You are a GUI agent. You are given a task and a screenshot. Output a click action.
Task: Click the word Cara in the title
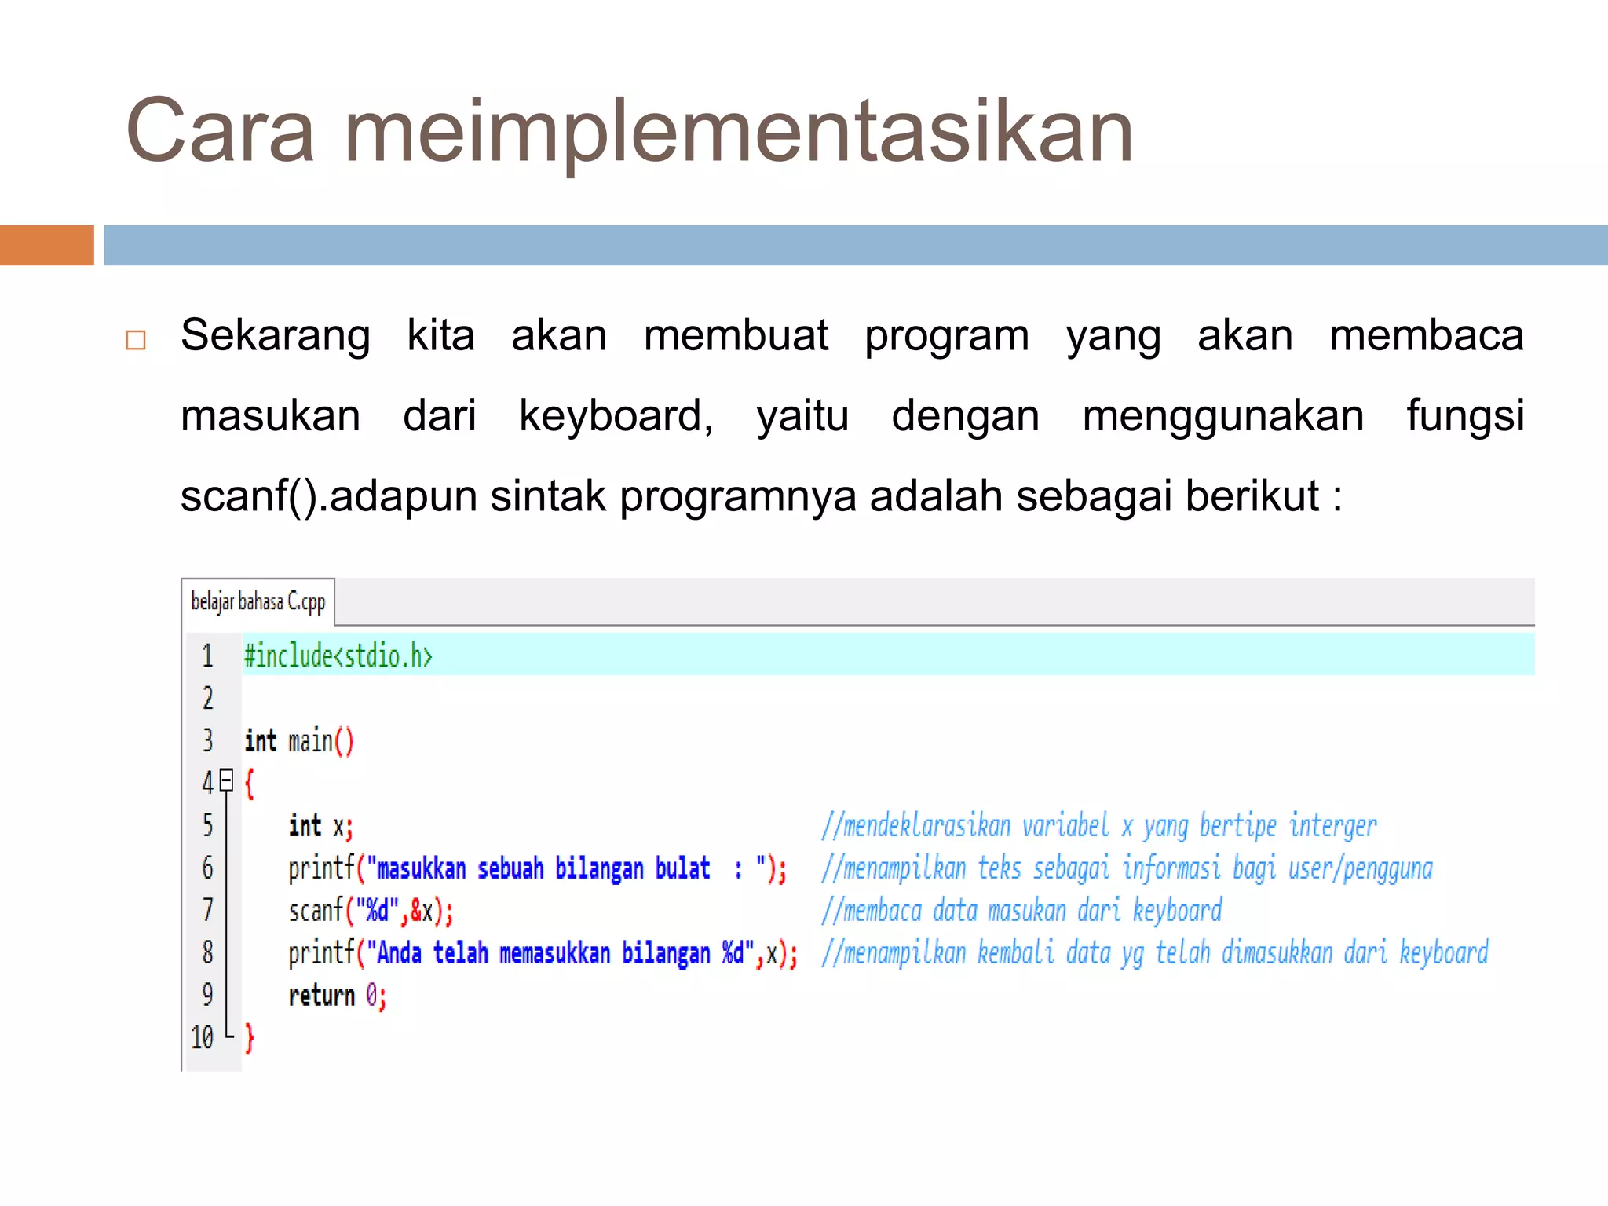tap(220, 132)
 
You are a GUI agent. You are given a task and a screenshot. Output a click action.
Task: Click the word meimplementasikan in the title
tap(738, 132)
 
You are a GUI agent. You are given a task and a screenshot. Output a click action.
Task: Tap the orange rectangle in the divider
tap(46, 245)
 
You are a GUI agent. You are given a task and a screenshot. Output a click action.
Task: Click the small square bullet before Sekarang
tap(136, 340)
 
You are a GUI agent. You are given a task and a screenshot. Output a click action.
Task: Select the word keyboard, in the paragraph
tap(616, 416)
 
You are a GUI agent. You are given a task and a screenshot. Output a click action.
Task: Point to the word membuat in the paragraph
tap(736, 336)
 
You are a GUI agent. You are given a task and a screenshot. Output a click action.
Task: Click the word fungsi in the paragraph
tap(1464, 416)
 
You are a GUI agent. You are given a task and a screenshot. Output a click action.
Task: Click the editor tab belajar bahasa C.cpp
tap(258, 602)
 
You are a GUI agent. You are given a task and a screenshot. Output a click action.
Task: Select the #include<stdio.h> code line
tap(338, 656)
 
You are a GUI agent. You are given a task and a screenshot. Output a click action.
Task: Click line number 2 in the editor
tap(208, 698)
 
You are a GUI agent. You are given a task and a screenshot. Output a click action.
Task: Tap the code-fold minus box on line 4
tap(227, 780)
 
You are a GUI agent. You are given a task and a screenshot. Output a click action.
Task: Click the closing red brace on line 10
tap(250, 1038)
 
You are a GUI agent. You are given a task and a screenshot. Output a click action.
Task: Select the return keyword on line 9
tap(322, 996)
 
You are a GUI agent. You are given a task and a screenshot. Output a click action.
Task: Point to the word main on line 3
tap(310, 741)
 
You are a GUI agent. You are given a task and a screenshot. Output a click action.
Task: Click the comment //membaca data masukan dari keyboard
tap(1021, 911)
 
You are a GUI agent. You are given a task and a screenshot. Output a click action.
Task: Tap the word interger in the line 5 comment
tap(1332, 826)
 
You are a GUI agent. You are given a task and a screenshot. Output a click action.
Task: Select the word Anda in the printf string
tap(400, 953)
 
